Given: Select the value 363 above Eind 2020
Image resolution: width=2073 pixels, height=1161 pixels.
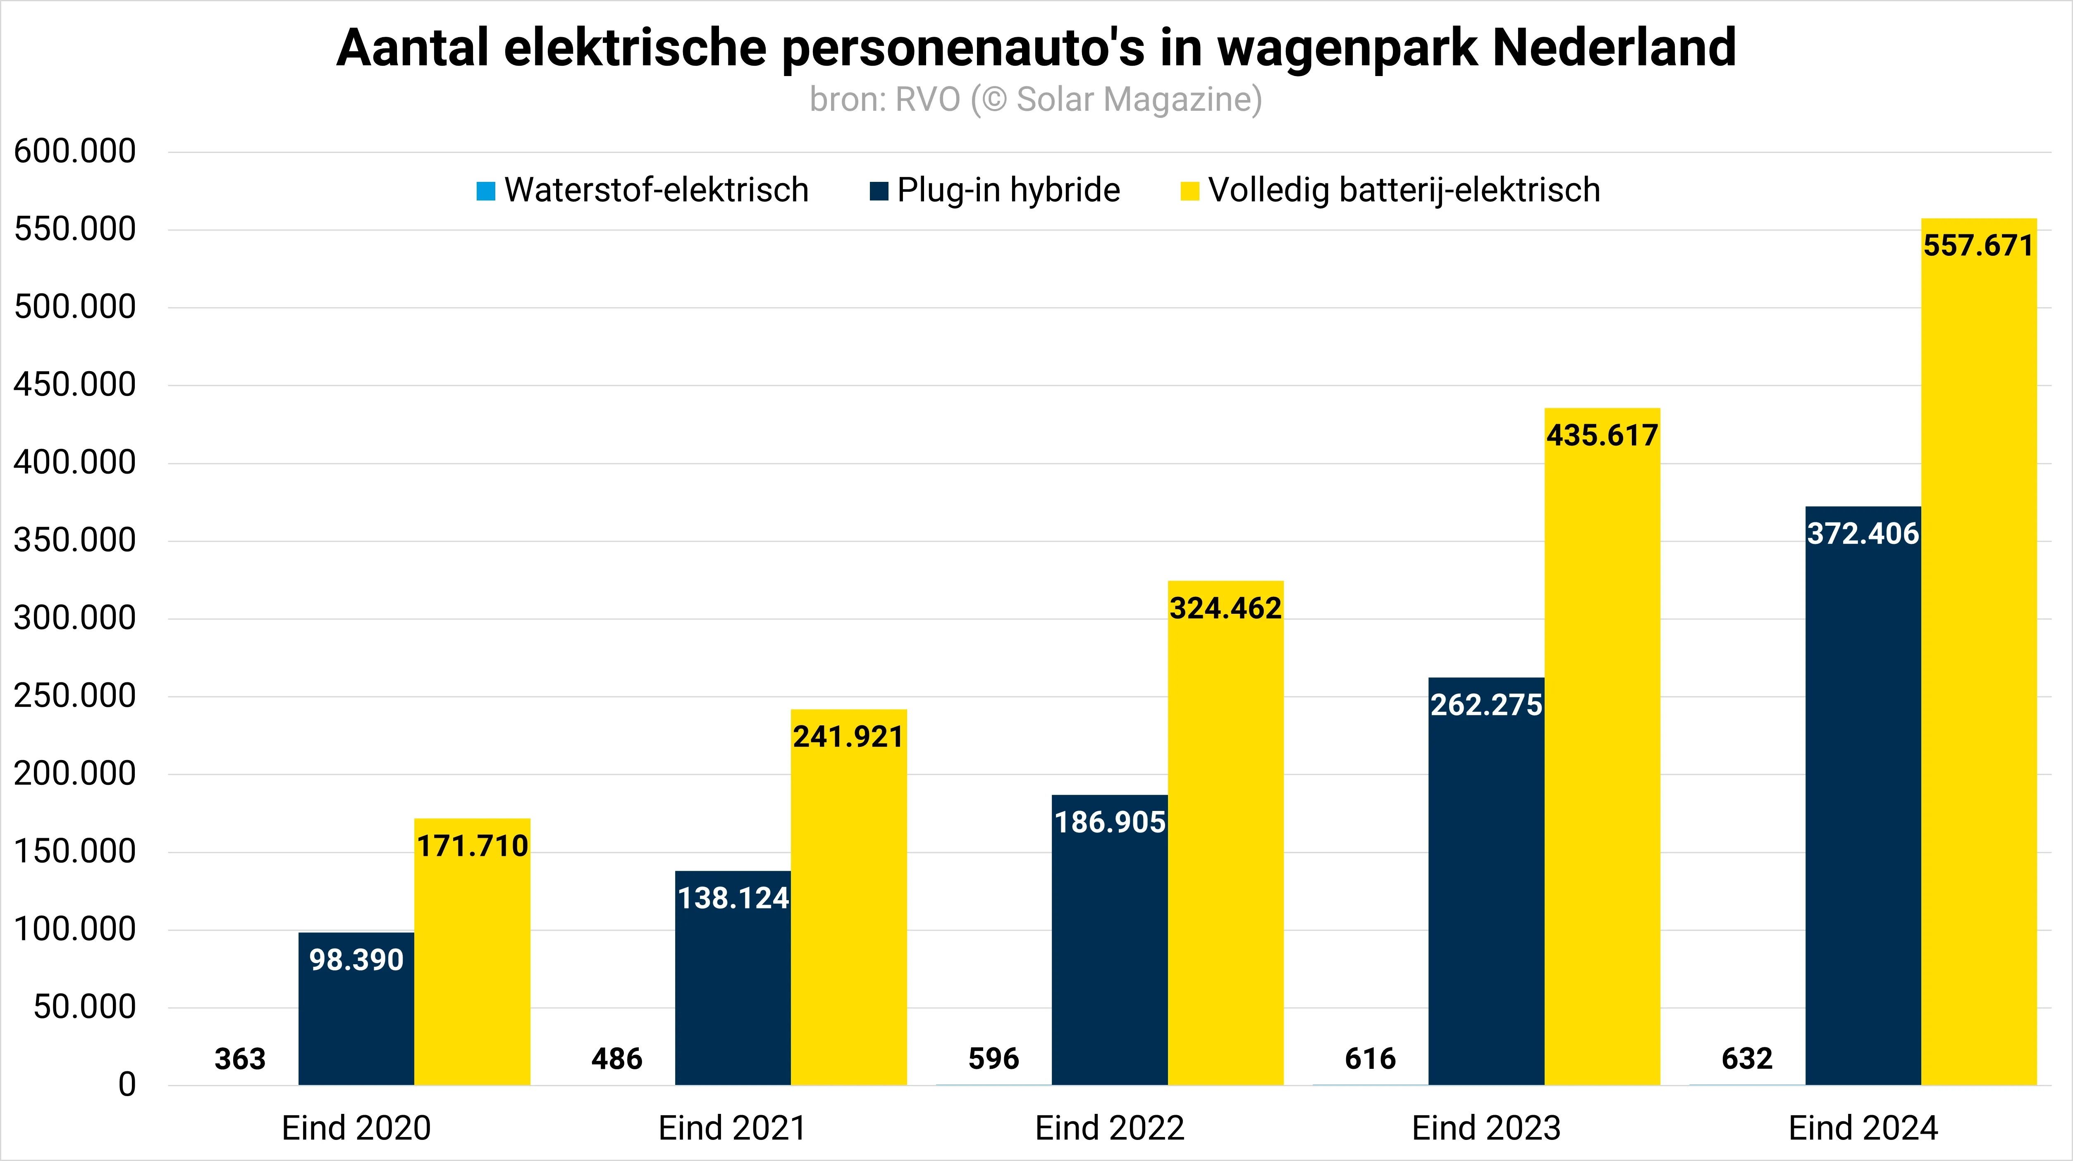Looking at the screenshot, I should click(x=240, y=1059).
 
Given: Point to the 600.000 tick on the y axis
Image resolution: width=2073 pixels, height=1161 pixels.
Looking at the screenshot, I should click(x=75, y=151).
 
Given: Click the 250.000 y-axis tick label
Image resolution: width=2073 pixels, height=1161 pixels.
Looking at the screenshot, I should click(x=75, y=696).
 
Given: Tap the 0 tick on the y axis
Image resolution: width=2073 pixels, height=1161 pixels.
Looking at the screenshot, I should click(x=127, y=1085).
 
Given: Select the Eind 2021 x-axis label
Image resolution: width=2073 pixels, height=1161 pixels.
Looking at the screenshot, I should click(x=732, y=1128).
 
